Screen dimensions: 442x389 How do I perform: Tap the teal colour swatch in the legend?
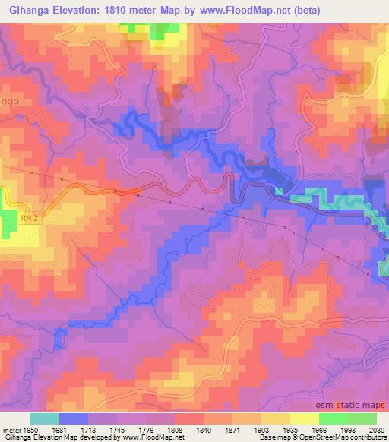pos(45,418)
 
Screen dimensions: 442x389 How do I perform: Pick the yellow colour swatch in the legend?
pos(304,418)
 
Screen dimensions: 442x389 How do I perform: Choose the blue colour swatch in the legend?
pos(74,418)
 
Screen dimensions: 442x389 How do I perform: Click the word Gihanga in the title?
pos(28,11)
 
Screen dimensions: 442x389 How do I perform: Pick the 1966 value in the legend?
pos(319,429)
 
